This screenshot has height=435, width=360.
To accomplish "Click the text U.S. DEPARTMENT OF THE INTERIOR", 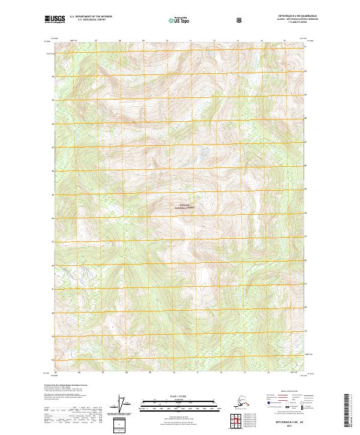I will click(91, 17).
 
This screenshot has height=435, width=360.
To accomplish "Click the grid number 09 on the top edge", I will click(143, 41).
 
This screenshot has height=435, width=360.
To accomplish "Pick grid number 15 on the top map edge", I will click(284, 41).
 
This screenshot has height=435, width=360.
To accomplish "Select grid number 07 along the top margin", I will click(96, 41).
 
